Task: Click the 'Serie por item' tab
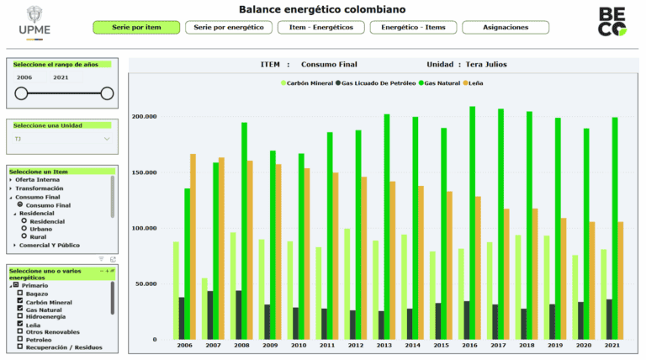(136, 28)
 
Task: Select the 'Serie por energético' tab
(227, 28)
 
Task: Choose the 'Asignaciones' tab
(506, 28)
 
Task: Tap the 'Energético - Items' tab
(412, 28)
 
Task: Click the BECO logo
(612, 21)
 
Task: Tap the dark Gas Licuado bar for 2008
(238, 315)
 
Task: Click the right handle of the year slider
(107, 93)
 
